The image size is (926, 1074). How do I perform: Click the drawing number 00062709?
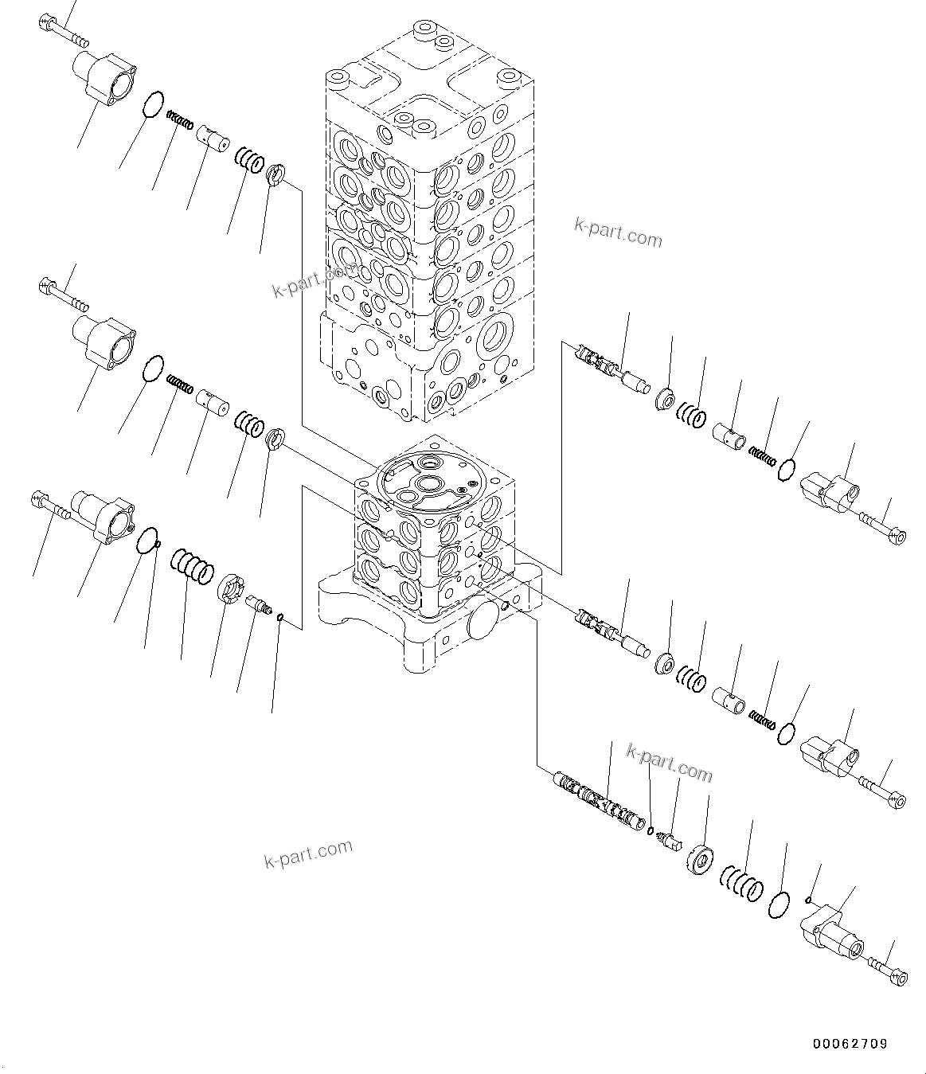[x=850, y=1043]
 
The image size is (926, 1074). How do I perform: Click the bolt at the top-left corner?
[x=64, y=30]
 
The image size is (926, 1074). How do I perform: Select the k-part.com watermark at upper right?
[x=618, y=232]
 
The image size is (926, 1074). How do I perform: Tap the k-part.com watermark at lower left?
[x=307, y=855]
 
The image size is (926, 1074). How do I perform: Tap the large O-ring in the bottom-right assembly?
[x=779, y=906]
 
